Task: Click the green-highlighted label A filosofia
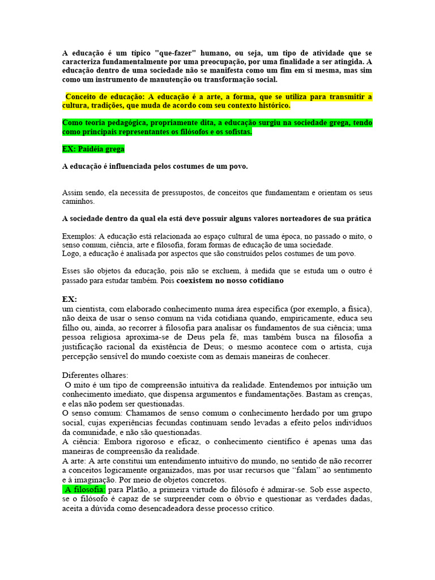tap(84, 489)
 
